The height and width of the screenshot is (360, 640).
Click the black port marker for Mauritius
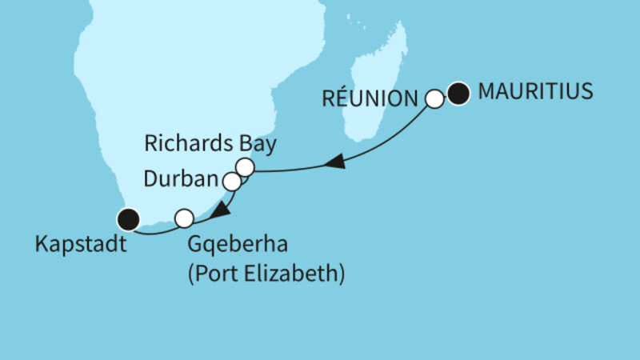[458, 95]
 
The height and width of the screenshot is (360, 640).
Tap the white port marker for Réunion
[434, 99]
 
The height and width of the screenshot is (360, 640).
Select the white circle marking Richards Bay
[245, 167]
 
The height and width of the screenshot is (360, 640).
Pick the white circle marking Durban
[232, 182]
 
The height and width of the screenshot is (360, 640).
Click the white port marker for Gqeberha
[184, 217]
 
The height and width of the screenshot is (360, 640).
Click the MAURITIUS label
[535, 92]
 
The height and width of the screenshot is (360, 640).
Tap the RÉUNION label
[370, 99]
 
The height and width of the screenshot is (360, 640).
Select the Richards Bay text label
[210, 145]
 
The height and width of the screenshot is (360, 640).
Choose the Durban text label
[182, 176]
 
